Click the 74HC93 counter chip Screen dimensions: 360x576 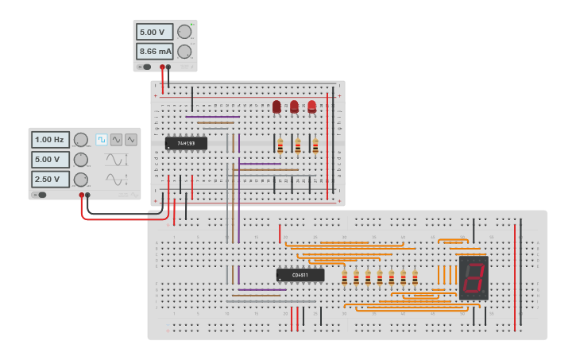click(186, 144)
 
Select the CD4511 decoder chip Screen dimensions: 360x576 click(300, 275)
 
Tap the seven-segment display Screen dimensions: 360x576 click(473, 277)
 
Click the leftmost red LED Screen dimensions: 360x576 click(276, 106)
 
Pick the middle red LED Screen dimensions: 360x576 click(294, 106)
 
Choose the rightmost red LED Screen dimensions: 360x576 click(311, 106)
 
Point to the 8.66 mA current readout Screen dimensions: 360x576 click(155, 52)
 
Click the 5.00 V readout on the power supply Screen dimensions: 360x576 click(155, 32)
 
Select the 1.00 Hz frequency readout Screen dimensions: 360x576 click(50, 140)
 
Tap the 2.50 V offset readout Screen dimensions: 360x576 click(50, 179)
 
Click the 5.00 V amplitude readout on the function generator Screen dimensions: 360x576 click(50, 159)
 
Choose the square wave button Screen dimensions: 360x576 click(102, 140)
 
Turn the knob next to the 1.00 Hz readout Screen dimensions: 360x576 click(81, 140)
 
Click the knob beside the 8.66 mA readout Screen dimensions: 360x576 click(184, 52)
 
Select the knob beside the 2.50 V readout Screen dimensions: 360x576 click(81, 179)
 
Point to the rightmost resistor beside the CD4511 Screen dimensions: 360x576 click(415, 277)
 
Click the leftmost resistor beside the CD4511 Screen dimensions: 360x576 click(344, 277)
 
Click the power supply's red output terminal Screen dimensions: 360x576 click(162, 67)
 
